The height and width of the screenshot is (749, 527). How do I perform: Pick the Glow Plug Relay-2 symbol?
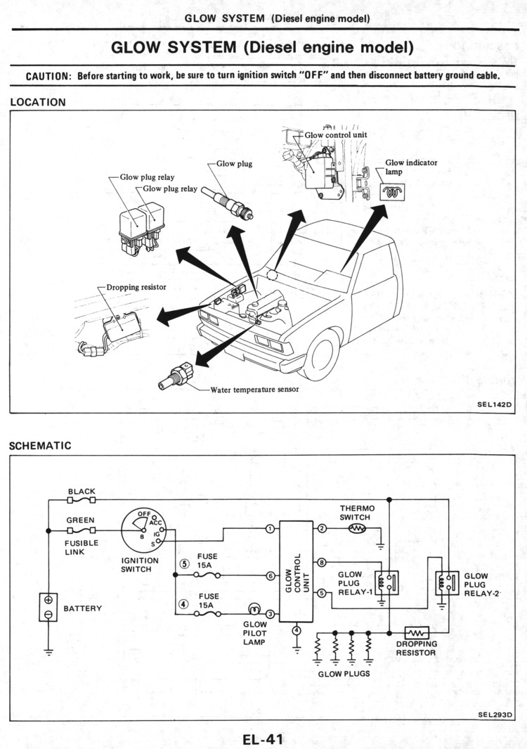[x=446, y=582]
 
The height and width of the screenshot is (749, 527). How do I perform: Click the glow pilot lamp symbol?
[x=254, y=609]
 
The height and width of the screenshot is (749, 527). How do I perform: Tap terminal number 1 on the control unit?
[x=270, y=528]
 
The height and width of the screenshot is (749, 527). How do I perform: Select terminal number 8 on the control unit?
[x=322, y=563]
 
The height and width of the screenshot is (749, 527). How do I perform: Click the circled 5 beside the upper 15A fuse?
[x=185, y=563]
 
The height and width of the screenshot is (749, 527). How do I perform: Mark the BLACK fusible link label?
[x=82, y=492]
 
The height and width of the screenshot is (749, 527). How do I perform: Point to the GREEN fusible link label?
[x=81, y=521]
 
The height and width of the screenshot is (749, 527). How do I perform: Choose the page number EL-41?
[x=263, y=739]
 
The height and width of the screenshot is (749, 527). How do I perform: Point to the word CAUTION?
[x=48, y=76]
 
